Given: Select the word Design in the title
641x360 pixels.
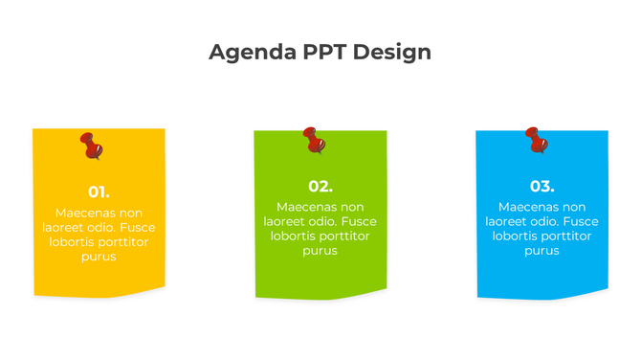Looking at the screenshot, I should click(x=392, y=52).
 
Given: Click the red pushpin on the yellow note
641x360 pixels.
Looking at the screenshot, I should click(x=92, y=146).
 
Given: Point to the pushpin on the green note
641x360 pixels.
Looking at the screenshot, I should click(x=314, y=141).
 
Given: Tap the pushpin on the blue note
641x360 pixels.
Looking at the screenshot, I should click(x=537, y=140).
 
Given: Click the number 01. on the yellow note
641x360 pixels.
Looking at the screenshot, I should click(x=99, y=191).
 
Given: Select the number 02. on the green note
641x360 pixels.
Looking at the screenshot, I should click(x=320, y=186).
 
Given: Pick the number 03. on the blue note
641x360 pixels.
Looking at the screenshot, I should click(x=542, y=186).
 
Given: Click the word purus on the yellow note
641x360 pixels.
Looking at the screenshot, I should click(x=99, y=257).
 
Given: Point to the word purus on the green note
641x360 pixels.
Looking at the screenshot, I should click(x=320, y=251).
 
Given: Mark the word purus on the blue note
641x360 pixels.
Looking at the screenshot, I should click(x=542, y=251).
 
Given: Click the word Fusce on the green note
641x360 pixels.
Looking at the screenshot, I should click(x=359, y=221).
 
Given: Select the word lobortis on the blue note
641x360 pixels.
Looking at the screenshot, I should click(x=518, y=236).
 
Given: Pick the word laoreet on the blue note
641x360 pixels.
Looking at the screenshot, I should click(x=509, y=221).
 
